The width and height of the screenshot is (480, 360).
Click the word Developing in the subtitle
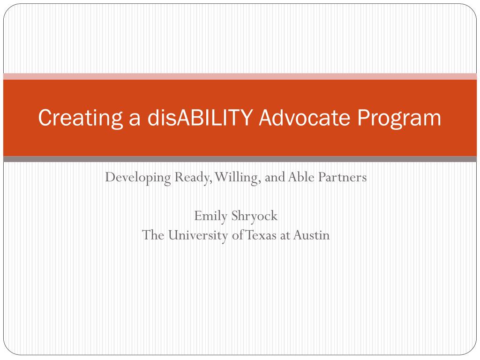pyautogui.click(x=138, y=178)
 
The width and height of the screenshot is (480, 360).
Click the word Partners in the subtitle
pyautogui.click(x=343, y=177)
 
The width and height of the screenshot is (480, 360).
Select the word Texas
pyautogui.click(x=261, y=235)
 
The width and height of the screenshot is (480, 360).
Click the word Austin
pyautogui.click(x=312, y=235)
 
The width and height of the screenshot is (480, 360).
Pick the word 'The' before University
pyautogui.click(x=153, y=235)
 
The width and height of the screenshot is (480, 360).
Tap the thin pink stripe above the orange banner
pyautogui.click(x=240, y=76)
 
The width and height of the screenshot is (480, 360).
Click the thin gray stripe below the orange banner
pyautogui.click(x=240, y=159)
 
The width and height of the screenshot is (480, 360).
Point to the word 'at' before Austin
pyautogui.click(x=285, y=235)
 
